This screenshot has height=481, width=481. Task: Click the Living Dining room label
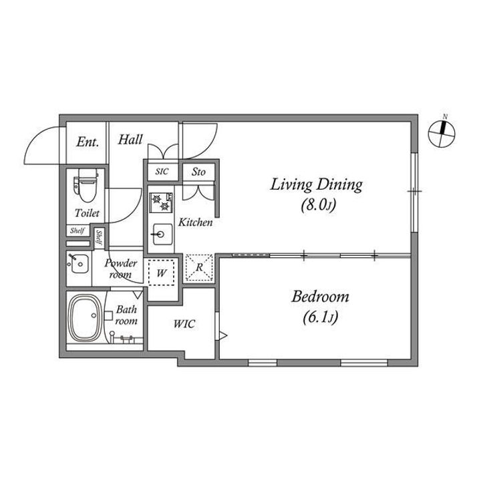[x=316, y=184]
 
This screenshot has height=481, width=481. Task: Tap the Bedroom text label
[x=320, y=297]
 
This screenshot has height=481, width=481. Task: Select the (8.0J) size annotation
[x=319, y=205]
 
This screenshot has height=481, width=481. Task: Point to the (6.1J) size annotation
[x=320, y=317]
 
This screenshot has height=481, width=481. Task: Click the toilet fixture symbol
[x=86, y=185]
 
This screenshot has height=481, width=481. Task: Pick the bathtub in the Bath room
[x=85, y=318]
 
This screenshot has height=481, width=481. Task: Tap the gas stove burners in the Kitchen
[x=161, y=202]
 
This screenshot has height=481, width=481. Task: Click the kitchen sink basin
[x=162, y=234]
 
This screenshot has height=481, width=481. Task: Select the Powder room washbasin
[x=79, y=263]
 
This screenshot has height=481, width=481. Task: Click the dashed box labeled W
[x=162, y=273]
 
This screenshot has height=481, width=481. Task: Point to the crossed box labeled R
[x=199, y=267]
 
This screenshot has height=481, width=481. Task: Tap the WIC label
[x=184, y=324]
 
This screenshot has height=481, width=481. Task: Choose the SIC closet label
[x=162, y=172]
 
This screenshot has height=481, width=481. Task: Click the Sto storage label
[x=198, y=172]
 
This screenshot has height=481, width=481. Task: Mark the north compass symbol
[x=442, y=134]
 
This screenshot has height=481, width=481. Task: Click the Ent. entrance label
[x=88, y=142]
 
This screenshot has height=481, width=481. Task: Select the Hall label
[x=130, y=140]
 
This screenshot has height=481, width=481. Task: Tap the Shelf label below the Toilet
[x=77, y=230]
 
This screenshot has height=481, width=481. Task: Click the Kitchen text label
[x=195, y=222]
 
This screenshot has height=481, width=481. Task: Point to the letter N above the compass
[x=445, y=116]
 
